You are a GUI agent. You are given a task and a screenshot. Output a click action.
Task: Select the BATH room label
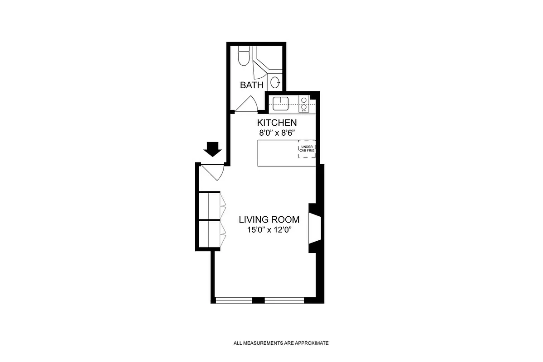pyautogui.click(x=252, y=85)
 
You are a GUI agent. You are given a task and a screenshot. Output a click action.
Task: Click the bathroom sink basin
pyautogui.click(x=275, y=83)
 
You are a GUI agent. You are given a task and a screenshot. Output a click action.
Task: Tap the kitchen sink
pyautogui.click(x=281, y=103)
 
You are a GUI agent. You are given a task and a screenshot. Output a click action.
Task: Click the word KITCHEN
pyautogui.click(x=277, y=123)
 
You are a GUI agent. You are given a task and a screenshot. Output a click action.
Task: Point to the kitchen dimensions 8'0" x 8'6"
pyautogui.click(x=277, y=133)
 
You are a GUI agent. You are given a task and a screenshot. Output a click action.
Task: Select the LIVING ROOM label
pyautogui.click(x=269, y=220)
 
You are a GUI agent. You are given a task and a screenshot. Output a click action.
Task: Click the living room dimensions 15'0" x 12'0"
pyautogui.click(x=269, y=230)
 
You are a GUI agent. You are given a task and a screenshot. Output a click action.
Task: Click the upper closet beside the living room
pyautogui.click(x=210, y=206)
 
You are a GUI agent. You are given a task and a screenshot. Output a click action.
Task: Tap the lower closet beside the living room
pyautogui.click(x=210, y=234)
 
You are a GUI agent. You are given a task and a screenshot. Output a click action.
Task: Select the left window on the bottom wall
pyautogui.click(x=234, y=300)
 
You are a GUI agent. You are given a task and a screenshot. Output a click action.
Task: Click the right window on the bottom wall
pyautogui.click(x=284, y=300)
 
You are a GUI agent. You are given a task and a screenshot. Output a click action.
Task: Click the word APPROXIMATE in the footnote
pyautogui.click(x=312, y=343)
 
